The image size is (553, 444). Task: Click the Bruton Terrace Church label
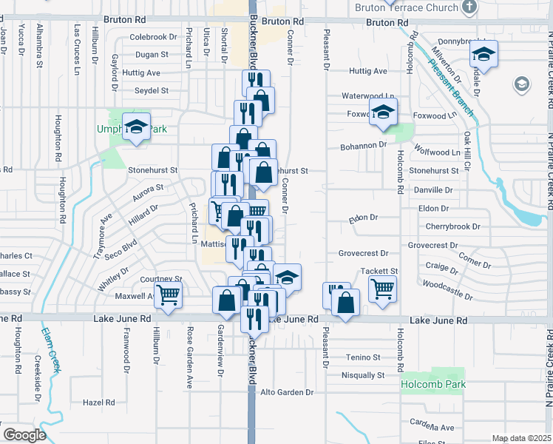[x=400, y=7]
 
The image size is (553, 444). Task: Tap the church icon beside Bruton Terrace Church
[x=468, y=7]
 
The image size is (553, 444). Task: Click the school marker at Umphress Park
[x=137, y=127]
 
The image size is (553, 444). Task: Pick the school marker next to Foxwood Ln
[x=383, y=112]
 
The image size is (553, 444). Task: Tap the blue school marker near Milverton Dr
[x=484, y=54]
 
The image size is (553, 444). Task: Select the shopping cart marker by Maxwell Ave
[x=169, y=295]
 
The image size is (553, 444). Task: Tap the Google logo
[x=24, y=434]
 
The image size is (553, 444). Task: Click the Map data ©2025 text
[x=521, y=438]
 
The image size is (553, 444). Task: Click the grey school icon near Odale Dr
[x=521, y=84]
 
